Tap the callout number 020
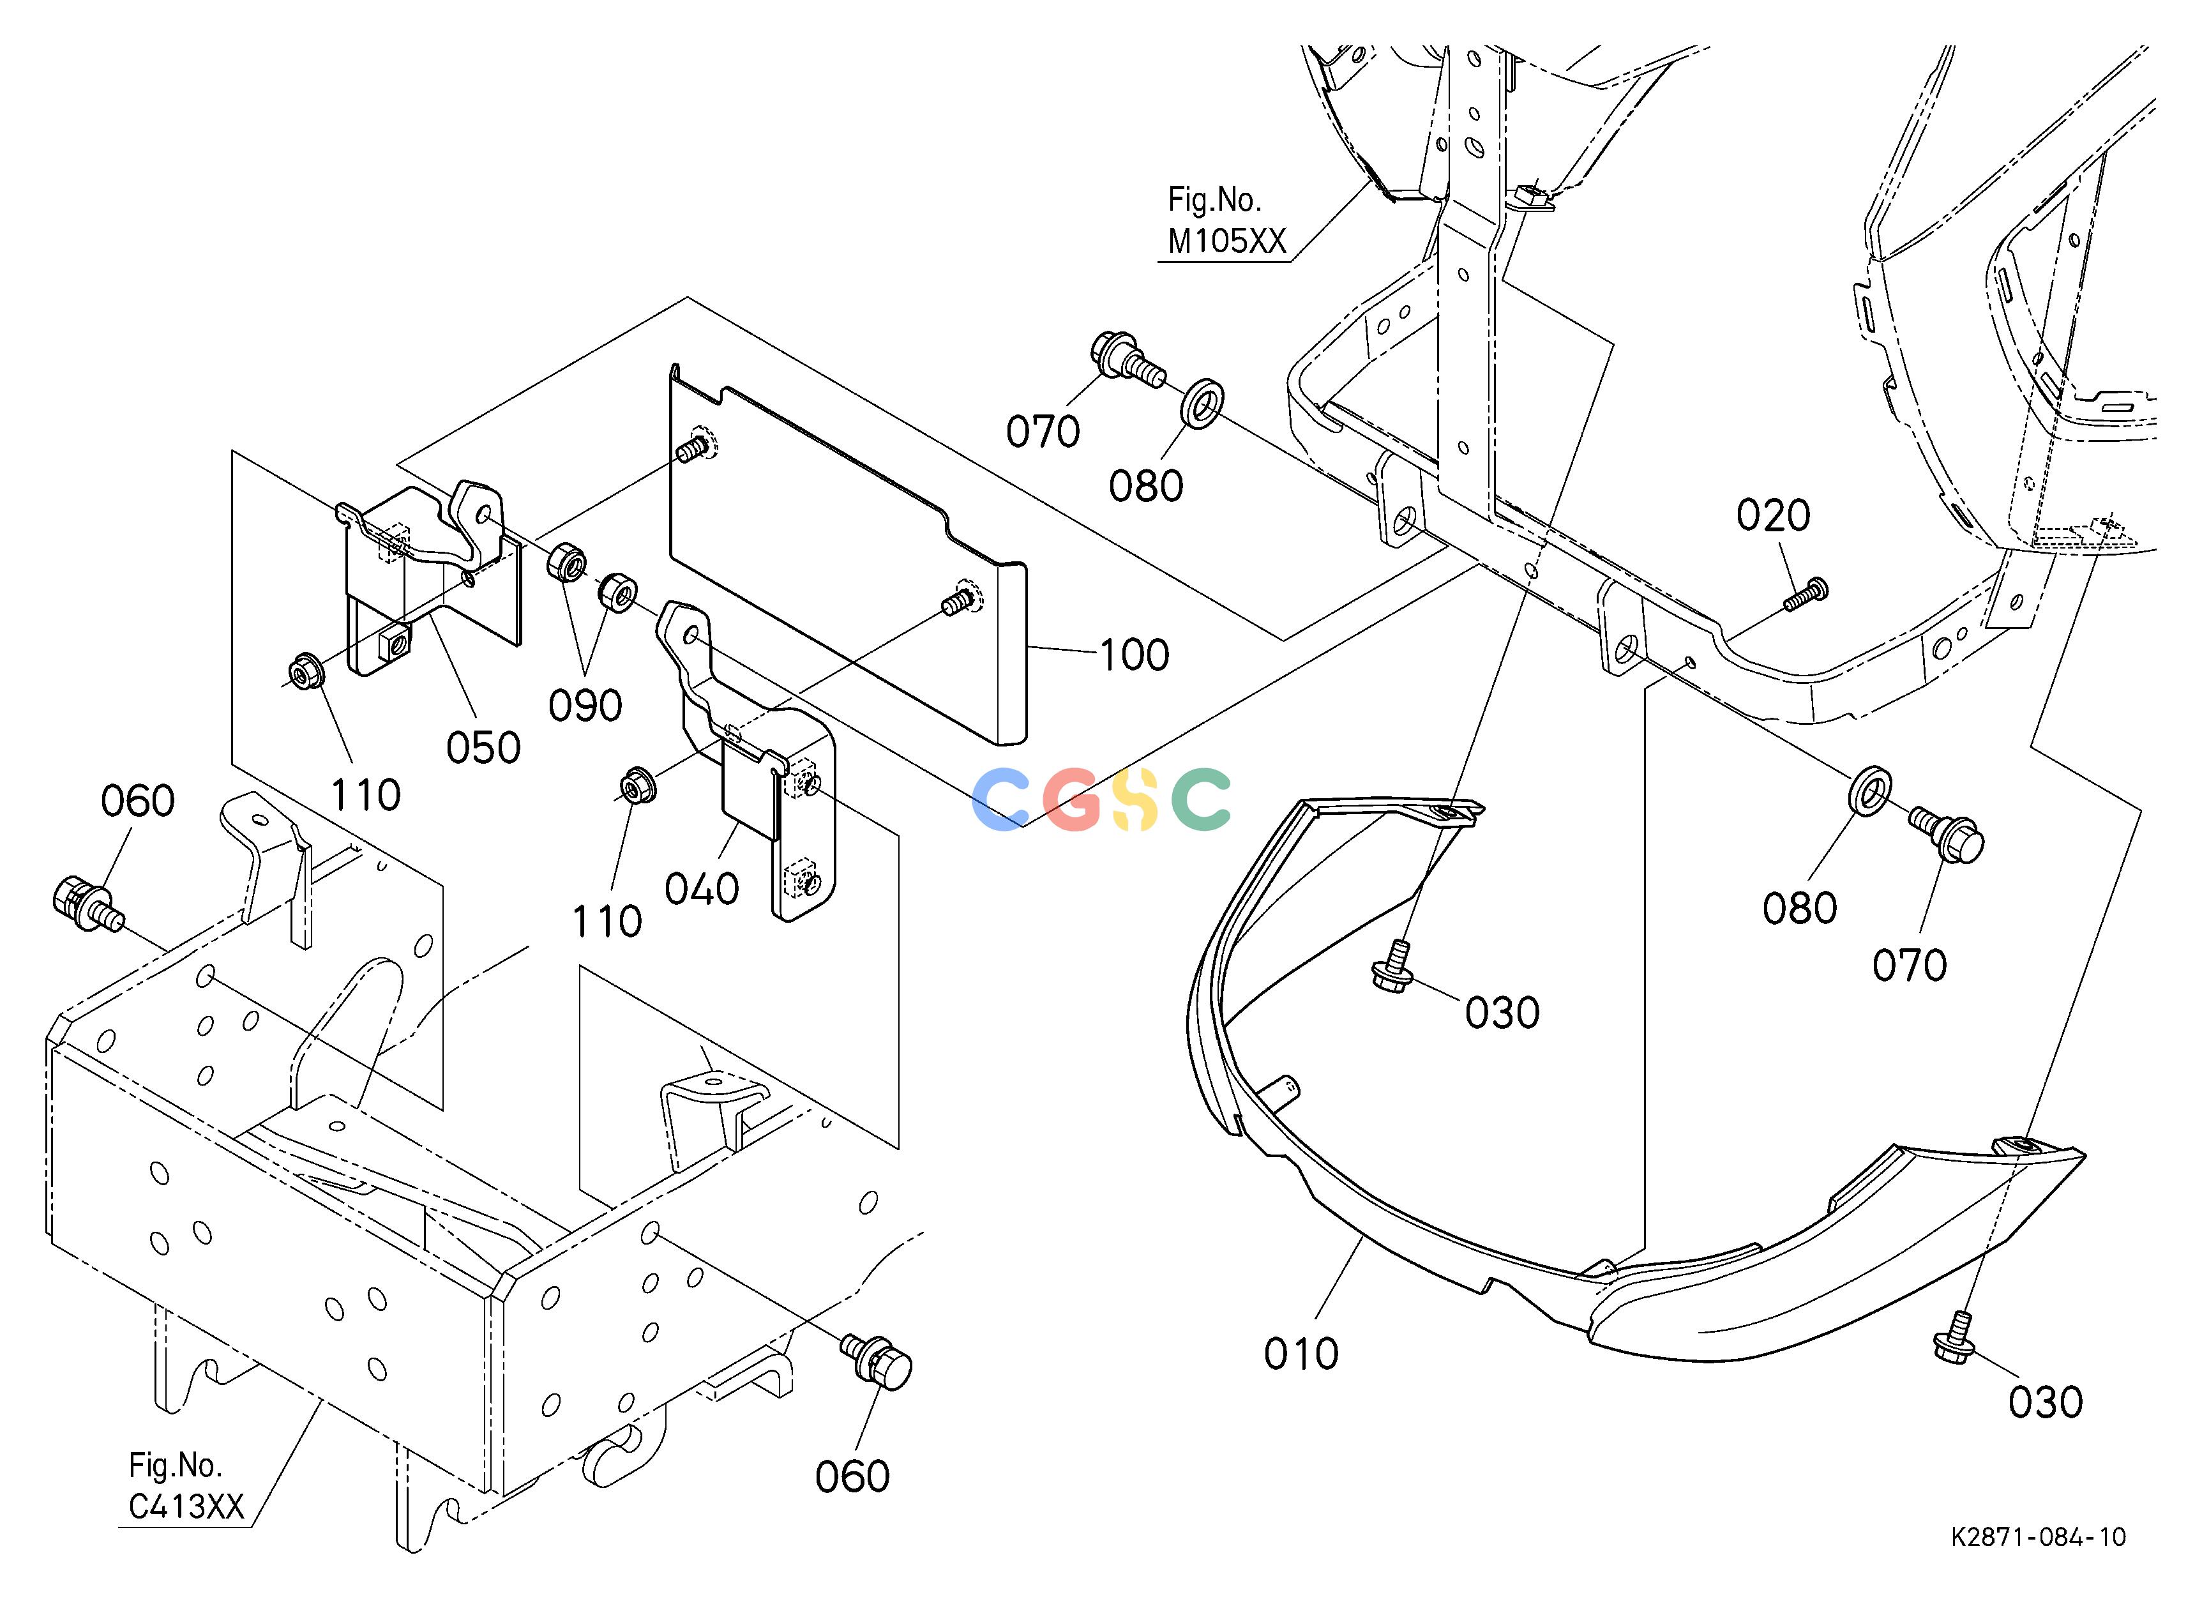coord(1773,515)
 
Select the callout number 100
coord(1134,655)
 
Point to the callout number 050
coord(483,748)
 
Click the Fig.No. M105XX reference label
coord(1226,220)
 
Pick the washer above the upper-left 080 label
coord(1202,403)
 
